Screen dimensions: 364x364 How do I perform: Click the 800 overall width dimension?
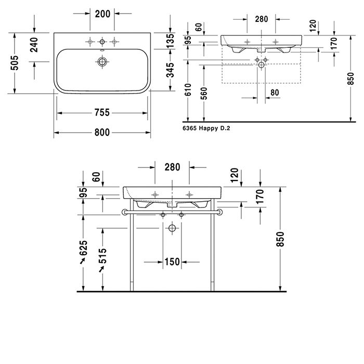(x=102, y=133)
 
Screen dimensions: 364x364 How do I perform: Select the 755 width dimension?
(x=102, y=113)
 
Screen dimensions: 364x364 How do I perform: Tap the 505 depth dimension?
(x=15, y=63)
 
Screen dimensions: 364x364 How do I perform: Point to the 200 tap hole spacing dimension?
(x=102, y=14)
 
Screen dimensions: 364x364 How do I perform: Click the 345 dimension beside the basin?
(x=170, y=70)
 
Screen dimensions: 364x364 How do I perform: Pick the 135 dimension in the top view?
(x=170, y=41)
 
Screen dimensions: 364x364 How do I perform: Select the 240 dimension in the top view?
(x=34, y=45)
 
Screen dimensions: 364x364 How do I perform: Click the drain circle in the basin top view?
(x=102, y=62)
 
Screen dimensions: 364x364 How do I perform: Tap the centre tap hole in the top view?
(x=102, y=42)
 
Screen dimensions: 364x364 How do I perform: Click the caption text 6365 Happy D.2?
(x=206, y=128)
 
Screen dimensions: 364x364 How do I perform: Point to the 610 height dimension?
(x=188, y=89)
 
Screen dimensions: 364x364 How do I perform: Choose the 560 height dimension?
(x=204, y=93)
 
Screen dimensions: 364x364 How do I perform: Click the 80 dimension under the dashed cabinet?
(x=275, y=93)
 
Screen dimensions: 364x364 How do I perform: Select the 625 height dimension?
(x=83, y=248)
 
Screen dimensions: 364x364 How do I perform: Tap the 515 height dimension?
(x=102, y=256)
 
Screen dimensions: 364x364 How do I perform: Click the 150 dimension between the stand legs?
(x=172, y=262)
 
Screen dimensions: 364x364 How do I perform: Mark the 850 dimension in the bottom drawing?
(x=280, y=239)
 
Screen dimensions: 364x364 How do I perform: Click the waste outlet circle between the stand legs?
(x=172, y=228)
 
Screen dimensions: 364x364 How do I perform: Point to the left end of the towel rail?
(x=123, y=212)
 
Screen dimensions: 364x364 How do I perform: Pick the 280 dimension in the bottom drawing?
(x=172, y=167)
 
